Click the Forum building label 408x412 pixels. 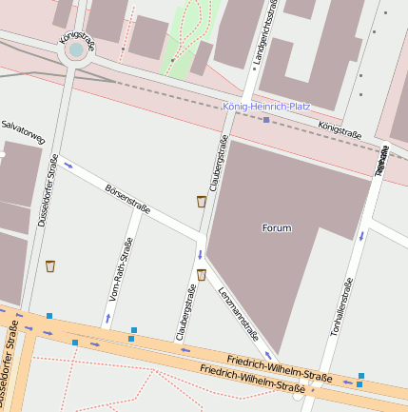point(276,228)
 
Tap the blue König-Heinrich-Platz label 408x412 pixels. point(266,107)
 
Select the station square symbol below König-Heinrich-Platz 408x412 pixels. point(266,121)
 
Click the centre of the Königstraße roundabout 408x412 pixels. point(75,49)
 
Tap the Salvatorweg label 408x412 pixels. point(24,131)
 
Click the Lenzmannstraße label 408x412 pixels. point(238,313)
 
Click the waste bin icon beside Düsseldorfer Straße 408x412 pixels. point(50,266)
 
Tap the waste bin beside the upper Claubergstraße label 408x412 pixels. point(201,202)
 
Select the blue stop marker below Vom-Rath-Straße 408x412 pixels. point(133,330)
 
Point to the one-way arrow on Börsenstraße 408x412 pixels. point(68,166)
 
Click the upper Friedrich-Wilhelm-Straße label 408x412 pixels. point(280,366)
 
